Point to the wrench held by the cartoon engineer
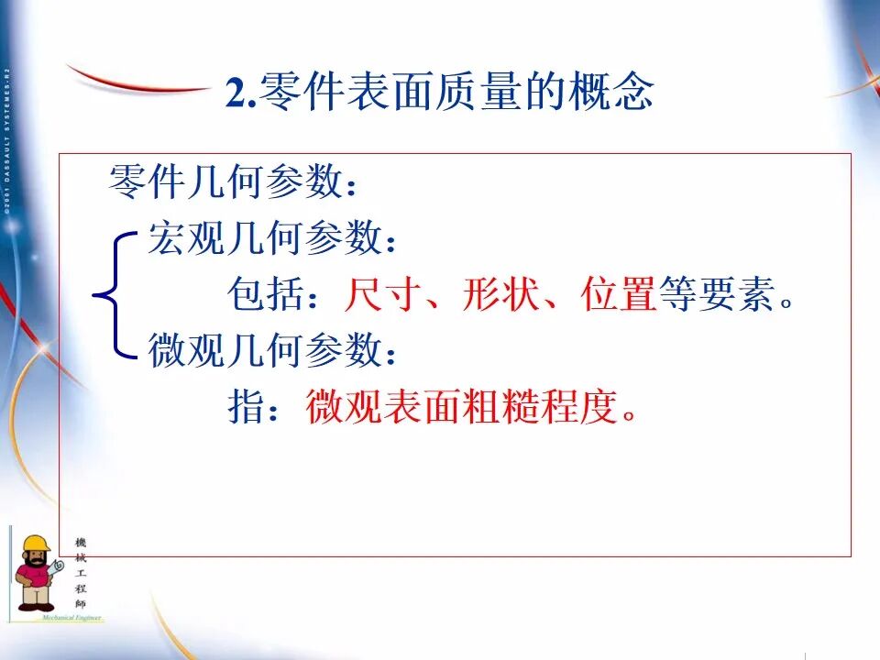tap(57, 568)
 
